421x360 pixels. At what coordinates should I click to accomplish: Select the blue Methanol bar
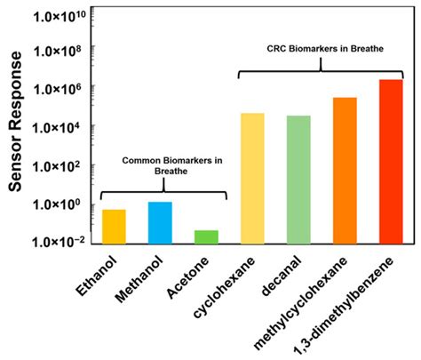pyautogui.click(x=160, y=222)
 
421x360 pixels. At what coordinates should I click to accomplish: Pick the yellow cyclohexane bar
pyautogui.click(x=252, y=178)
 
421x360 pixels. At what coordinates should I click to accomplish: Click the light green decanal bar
pyautogui.click(x=298, y=180)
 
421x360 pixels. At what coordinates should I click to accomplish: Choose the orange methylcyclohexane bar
pyautogui.click(x=345, y=170)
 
